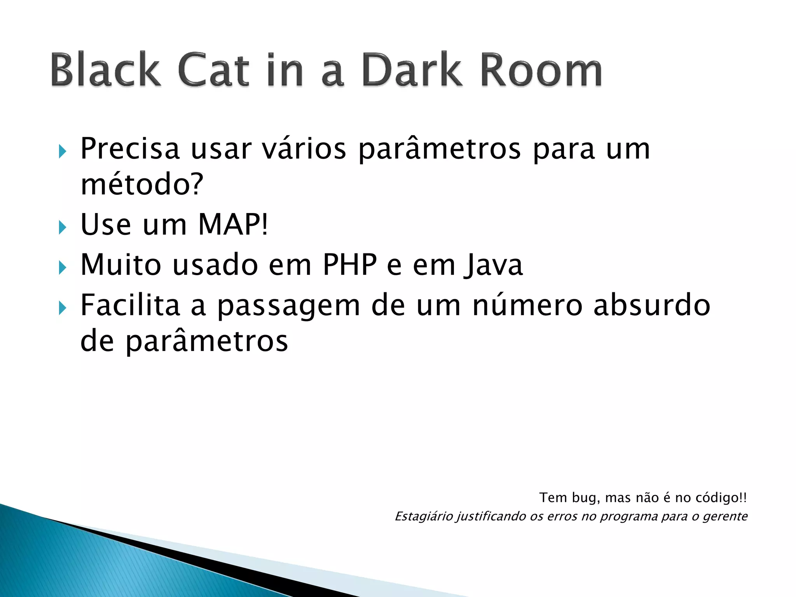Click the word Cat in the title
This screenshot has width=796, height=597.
pos(213,70)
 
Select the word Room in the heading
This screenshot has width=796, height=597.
pos(541,70)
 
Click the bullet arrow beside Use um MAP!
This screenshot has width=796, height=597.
pos(63,227)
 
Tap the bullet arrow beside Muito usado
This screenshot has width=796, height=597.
pos(63,267)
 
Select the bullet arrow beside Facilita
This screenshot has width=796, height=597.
pos(63,308)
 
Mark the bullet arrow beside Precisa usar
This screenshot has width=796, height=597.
pos(63,151)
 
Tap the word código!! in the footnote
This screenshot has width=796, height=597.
pos(721,498)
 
